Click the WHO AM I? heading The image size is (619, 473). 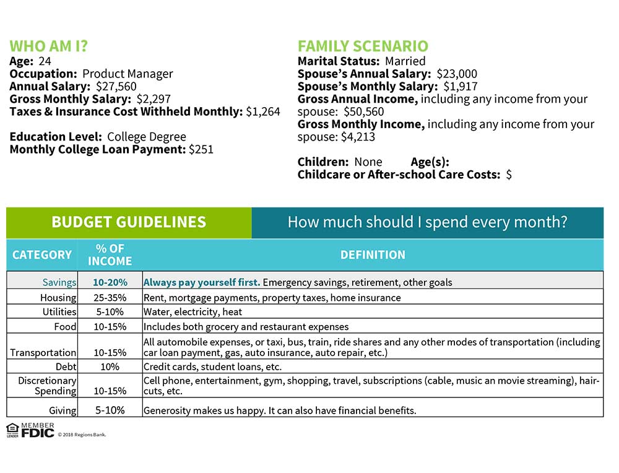pyautogui.click(x=49, y=46)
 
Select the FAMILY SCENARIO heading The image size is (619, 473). pyautogui.click(x=363, y=46)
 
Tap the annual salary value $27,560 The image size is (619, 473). pyautogui.click(x=116, y=87)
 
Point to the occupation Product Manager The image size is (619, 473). pyautogui.click(x=128, y=74)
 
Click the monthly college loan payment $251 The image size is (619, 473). pyautogui.click(x=201, y=149)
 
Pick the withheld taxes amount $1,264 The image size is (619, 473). pyautogui.click(x=263, y=112)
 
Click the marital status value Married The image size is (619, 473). pyautogui.click(x=405, y=61)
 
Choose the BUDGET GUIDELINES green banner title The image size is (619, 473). pyautogui.click(x=129, y=222)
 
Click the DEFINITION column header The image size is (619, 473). pyautogui.click(x=373, y=255)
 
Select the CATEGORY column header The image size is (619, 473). pyautogui.click(x=42, y=255)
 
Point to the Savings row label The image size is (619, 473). pyautogui.click(x=59, y=282)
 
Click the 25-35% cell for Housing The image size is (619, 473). pyautogui.click(x=110, y=298)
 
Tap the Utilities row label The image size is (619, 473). pyautogui.click(x=59, y=312)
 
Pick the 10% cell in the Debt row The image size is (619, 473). pyautogui.click(x=110, y=367)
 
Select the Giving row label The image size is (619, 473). pyautogui.click(x=63, y=410)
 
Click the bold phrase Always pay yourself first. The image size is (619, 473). pyautogui.click(x=202, y=282)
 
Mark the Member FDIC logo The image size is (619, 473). pyautogui.click(x=30, y=430)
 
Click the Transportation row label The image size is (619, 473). pyautogui.click(x=43, y=353)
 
